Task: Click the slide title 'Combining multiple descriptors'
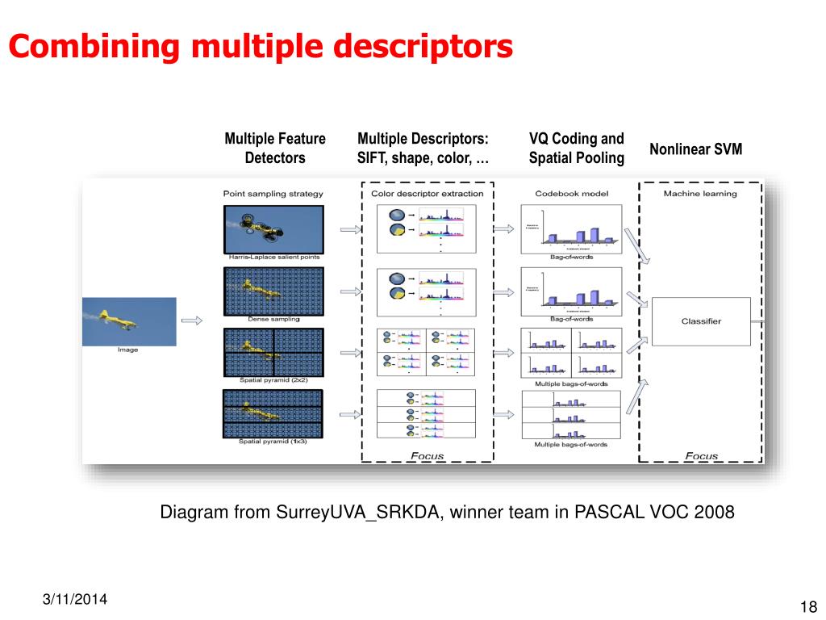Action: [261, 46]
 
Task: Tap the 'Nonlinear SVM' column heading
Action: [695, 149]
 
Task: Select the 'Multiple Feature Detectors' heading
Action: [275, 149]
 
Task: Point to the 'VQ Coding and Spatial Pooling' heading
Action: [576, 149]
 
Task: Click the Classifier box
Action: [700, 321]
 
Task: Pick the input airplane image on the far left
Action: [129, 321]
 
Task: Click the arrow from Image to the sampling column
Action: [192, 321]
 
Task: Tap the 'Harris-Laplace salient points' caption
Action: [273, 257]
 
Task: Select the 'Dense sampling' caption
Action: [273, 319]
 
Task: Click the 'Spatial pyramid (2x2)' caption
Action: [273, 379]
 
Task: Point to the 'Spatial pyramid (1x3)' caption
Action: [273, 441]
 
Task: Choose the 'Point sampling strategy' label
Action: [273, 194]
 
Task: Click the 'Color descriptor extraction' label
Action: [428, 194]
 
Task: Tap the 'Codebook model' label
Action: [571, 194]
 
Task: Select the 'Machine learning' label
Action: [700, 194]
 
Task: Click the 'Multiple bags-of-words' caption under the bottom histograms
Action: [571, 445]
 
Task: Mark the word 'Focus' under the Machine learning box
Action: [700, 456]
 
